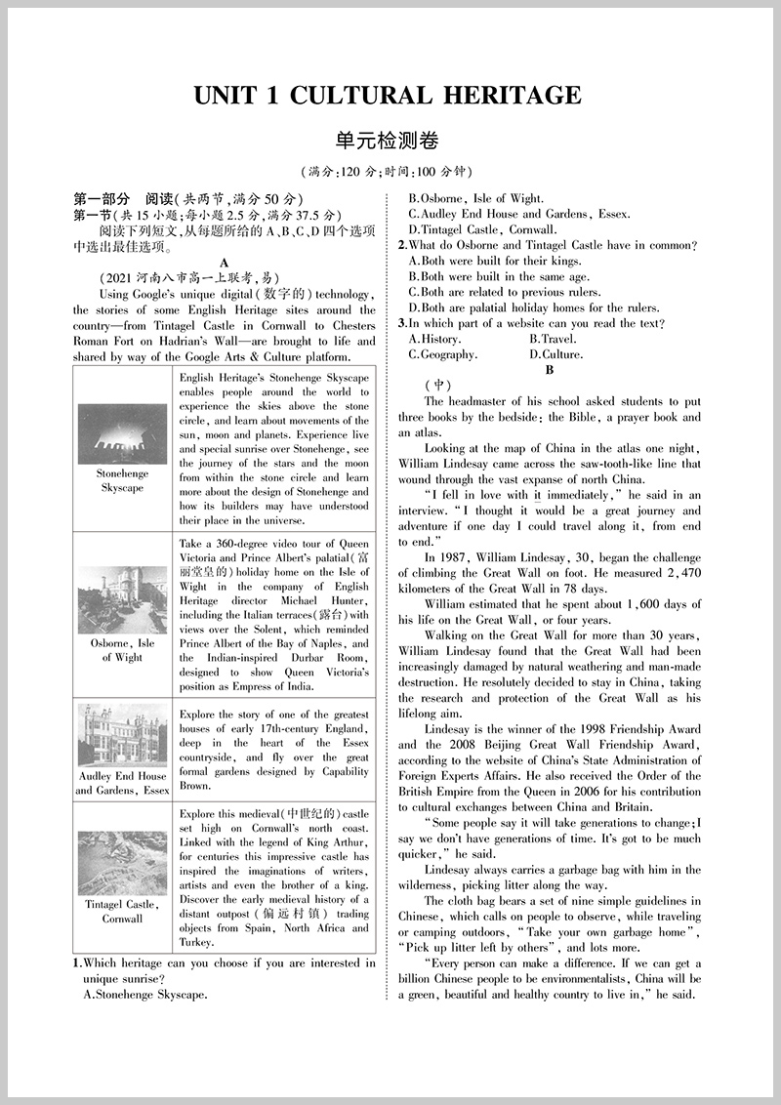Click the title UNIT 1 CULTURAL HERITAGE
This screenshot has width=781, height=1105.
click(x=388, y=96)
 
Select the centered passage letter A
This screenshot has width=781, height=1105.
click(x=225, y=263)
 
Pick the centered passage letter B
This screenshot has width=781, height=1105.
click(x=550, y=370)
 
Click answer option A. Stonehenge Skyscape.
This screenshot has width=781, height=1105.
click(x=145, y=995)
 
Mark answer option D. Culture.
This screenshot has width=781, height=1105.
click(x=555, y=354)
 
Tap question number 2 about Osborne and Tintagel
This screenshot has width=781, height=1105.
click(x=402, y=245)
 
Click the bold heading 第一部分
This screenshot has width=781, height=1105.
click(x=101, y=199)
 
